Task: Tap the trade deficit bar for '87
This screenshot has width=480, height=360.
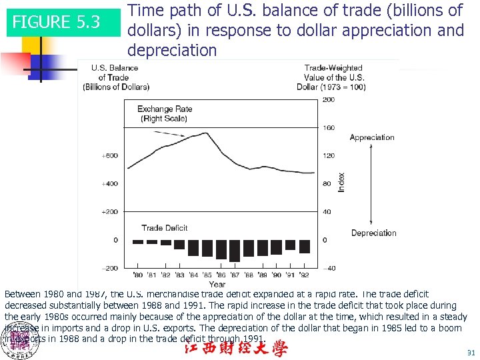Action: pos(235,251)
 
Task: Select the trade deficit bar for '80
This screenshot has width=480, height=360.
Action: pos(138,242)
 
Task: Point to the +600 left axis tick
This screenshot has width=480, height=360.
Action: pos(109,156)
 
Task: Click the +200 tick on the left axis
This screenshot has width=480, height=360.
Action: pos(109,212)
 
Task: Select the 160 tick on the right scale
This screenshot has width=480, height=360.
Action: pos(328,128)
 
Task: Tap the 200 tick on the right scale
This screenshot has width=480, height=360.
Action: pos(328,100)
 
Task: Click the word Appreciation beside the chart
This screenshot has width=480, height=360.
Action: pos(372,137)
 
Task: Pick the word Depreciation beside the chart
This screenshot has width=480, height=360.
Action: pos(373,233)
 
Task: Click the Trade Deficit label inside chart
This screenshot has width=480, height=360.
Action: pos(165,227)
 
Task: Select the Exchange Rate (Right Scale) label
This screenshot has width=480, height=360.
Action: pos(165,113)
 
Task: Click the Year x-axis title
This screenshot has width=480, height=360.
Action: pos(217,285)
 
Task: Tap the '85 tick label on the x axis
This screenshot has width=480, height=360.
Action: pos(207,275)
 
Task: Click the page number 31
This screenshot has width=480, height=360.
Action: pos(471,353)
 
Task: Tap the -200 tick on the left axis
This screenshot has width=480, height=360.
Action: pos(109,268)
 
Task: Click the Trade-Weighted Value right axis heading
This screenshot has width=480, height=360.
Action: pos(333,77)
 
